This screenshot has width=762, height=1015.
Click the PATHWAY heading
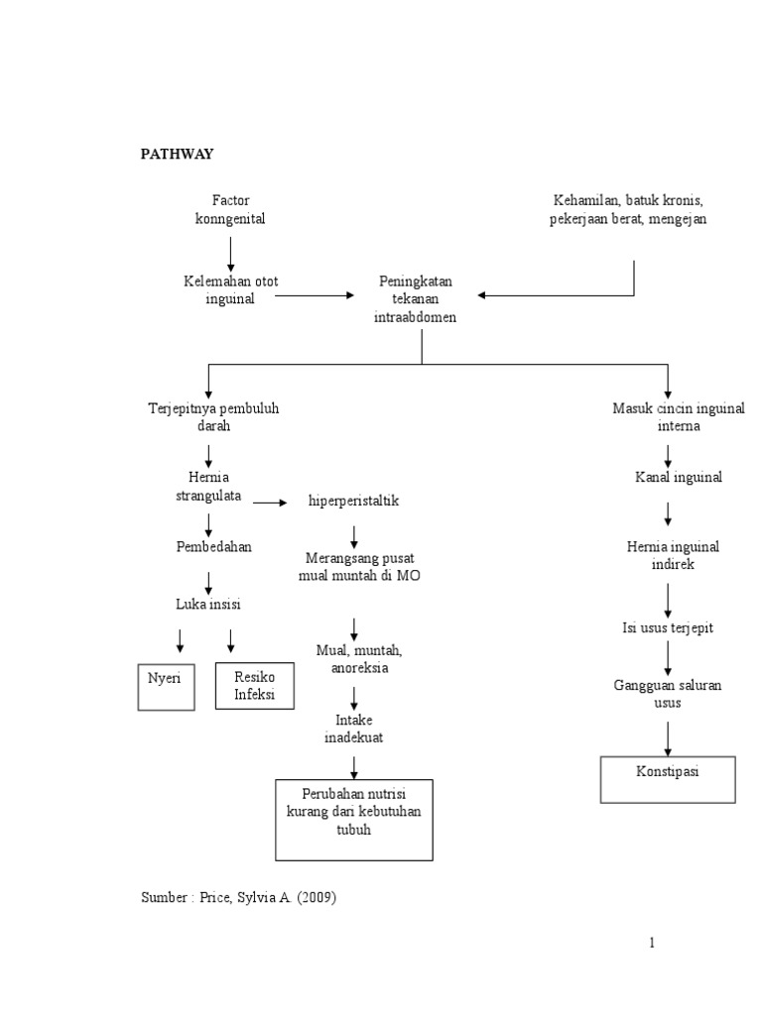click(x=176, y=154)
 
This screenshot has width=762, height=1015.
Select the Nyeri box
click(x=166, y=685)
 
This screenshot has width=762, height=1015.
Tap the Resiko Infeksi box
click(x=255, y=684)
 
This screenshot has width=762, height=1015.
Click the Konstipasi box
click(x=667, y=778)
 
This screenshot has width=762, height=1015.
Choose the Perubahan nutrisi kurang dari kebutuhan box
click(x=353, y=819)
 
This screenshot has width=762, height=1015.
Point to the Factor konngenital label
click(x=230, y=209)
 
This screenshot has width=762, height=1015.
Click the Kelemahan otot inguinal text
click(x=230, y=289)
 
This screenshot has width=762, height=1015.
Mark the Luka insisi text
click(x=208, y=604)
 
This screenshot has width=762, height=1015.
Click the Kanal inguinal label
click(x=679, y=478)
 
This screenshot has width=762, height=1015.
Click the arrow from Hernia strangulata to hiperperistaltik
click(x=270, y=503)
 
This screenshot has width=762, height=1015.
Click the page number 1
click(x=652, y=943)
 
